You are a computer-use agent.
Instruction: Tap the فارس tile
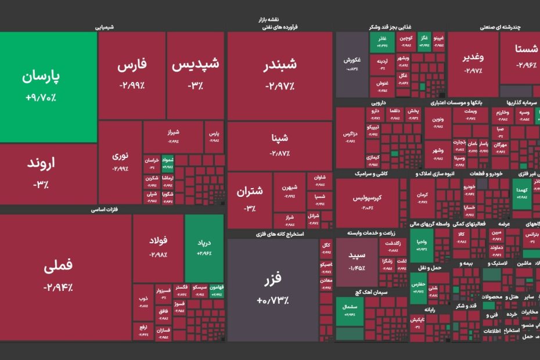[x=132, y=74]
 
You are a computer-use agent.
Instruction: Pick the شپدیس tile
[x=195, y=74]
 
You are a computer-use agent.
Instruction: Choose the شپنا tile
[x=279, y=145]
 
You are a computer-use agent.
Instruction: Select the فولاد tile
[x=158, y=247]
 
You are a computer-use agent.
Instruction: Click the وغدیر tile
[x=473, y=64]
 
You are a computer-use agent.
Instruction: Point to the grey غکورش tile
[x=352, y=64]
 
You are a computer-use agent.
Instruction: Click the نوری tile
[x=120, y=161]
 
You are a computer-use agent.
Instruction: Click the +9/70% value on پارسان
[x=41, y=98]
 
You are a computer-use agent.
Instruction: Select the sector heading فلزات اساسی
[x=105, y=210]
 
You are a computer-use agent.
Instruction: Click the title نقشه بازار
[x=269, y=20]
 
